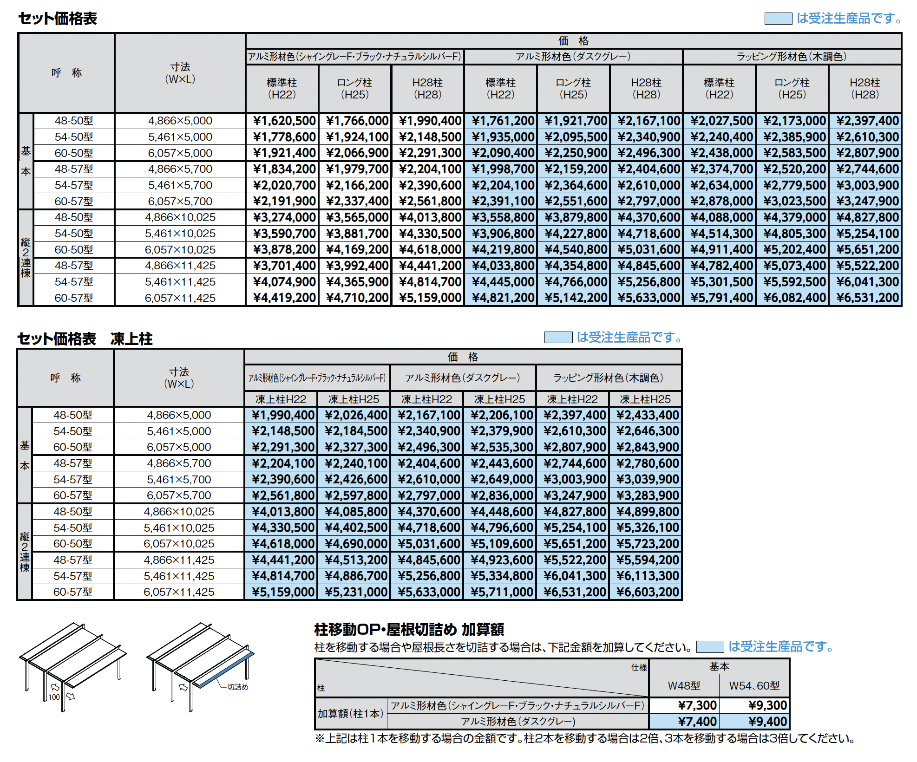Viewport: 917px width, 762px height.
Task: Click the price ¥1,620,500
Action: tap(284, 121)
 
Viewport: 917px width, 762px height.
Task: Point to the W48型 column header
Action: tap(684, 686)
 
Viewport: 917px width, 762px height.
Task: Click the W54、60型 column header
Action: tap(754, 686)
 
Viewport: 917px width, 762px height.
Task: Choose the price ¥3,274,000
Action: tap(284, 217)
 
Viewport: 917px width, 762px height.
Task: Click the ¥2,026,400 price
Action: tap(356, 415)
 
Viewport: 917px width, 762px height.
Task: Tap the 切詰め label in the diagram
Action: tap(237, 687)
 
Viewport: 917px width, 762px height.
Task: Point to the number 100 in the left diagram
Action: tap(54, 697)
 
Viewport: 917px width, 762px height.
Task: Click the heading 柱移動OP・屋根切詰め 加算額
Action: tap(409, 630)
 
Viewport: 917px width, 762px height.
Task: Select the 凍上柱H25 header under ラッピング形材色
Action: tap(645, 399)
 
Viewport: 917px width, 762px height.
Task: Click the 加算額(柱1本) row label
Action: tap(350, 714)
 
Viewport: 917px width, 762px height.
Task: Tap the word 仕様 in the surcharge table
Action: tap(639, 667)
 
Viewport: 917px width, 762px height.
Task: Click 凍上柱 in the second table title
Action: tap(131, 339)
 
